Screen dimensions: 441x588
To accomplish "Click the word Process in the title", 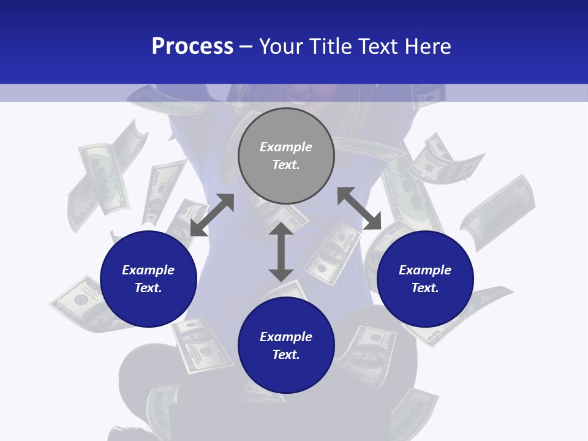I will coord(192,47).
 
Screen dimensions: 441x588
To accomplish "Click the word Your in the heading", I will coord(281,47).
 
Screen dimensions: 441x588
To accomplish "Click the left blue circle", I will coord(148,300).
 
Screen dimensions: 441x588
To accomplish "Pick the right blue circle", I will coord(425,300).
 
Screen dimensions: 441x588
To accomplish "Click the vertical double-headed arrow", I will coord(281,252).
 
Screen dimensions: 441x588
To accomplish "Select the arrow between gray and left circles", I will coord(212,215).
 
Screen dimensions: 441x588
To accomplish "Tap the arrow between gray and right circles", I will coord(359,208).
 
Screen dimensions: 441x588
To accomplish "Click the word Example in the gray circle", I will coord(286,147).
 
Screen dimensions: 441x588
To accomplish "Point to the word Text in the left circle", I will coord(148,288).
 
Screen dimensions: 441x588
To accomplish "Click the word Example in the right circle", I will coord(425,270).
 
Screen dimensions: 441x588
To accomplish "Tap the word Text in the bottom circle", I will coord(286,355).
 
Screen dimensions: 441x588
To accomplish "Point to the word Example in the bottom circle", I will coord(286,337).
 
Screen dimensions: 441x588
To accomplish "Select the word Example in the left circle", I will coord(148,270).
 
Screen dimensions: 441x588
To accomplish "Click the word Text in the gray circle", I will coord(286,165).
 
